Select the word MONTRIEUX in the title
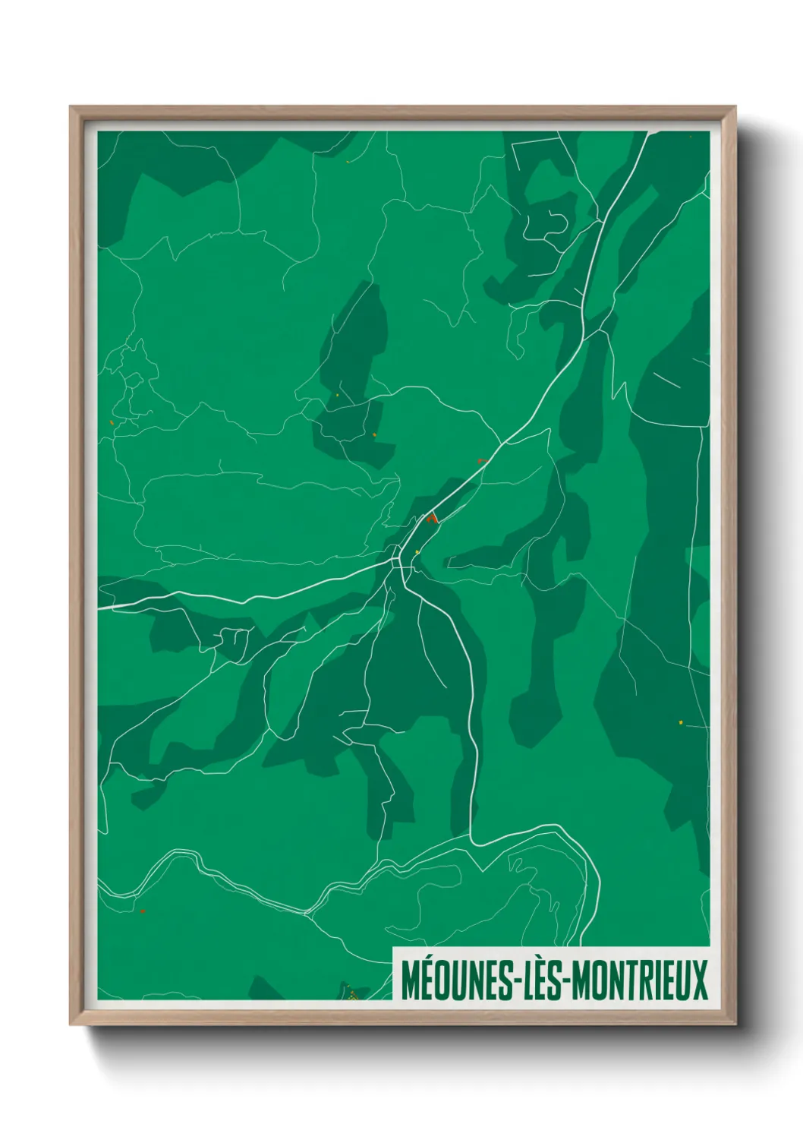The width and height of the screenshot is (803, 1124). pos(639,980)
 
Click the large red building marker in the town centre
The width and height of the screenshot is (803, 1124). pos(432,519)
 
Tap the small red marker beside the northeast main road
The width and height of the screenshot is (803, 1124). pos(480,460)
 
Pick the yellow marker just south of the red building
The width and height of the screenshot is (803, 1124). pos(417,552)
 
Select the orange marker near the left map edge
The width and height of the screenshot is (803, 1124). pos(112,422)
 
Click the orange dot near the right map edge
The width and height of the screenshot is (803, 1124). pos(682,722)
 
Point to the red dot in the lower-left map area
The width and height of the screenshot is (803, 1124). pos(142,911)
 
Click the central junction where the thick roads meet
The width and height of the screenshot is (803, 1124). pos(397,560)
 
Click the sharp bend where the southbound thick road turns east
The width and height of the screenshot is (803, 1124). pos(473,841)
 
